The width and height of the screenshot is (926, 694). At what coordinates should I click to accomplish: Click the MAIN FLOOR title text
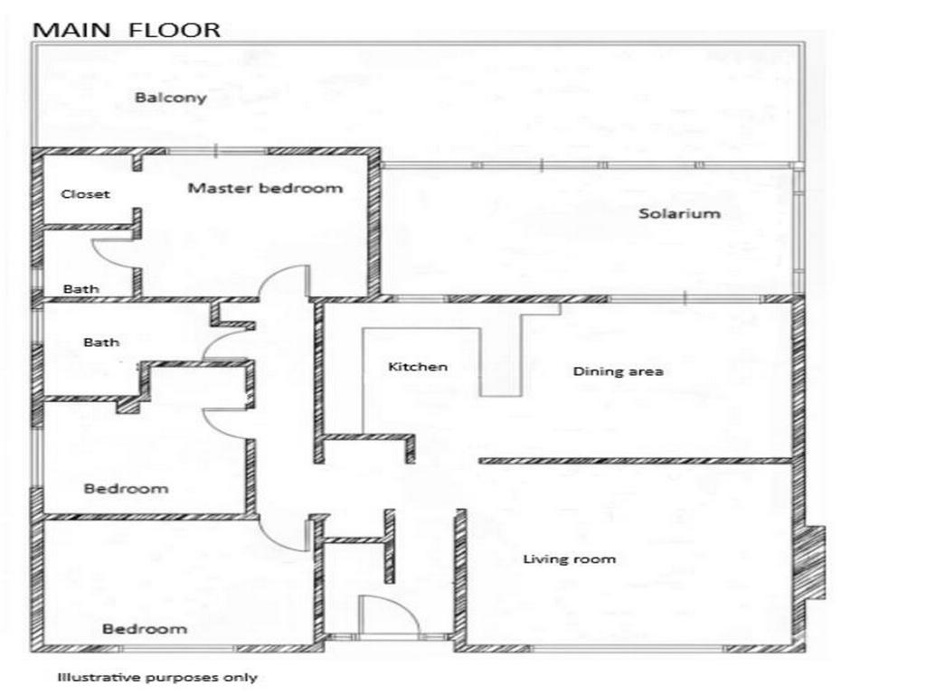click(126, 30)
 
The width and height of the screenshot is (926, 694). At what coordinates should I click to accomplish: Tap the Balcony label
click(171, 98)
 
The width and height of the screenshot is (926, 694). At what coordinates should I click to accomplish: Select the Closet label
click(85, 193)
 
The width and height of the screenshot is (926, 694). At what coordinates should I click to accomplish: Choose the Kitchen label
click(418, 367)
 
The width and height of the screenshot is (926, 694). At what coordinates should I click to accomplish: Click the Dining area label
click(619, 371)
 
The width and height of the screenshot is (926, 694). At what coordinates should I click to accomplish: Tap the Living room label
click(569, 559)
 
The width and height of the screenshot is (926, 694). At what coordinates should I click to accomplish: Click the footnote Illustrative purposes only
click(157, 677)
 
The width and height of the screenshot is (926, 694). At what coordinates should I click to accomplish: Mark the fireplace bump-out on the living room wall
click(814, 565)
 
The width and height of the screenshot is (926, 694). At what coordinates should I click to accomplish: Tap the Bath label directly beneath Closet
click(80, 289)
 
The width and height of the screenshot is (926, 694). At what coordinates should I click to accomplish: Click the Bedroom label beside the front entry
click(144, 629)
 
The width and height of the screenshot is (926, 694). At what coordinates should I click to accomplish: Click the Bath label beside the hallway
click(101, 342)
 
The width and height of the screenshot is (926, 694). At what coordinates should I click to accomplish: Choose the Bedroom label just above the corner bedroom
click(126, 489)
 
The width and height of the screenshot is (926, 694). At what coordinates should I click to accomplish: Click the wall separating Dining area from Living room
click(633, 461)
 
